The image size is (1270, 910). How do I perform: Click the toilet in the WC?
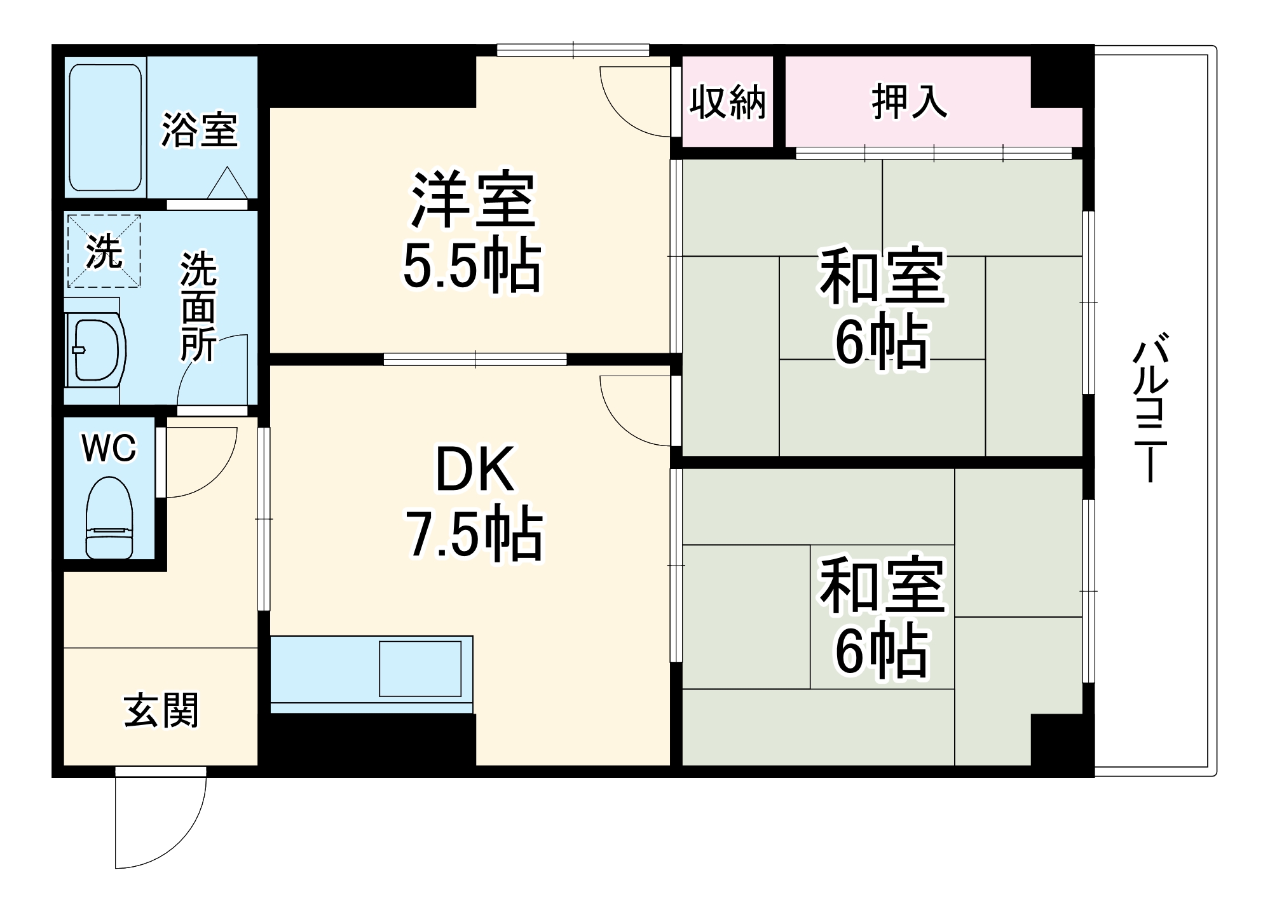(109, 518)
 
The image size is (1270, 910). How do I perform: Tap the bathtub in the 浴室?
(105, 127)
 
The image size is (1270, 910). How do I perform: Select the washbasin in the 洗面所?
(97, 350)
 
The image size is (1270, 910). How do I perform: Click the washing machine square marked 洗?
(104, 251)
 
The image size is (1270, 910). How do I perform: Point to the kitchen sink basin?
(420, 669)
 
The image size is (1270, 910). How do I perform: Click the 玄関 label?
(161, 710)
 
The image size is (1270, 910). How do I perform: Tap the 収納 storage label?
(728, 102)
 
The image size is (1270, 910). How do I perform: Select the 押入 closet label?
(909, 102)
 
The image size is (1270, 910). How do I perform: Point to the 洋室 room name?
(473, 200)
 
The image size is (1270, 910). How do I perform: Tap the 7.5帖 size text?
(474, 534)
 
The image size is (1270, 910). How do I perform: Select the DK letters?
(474, 470)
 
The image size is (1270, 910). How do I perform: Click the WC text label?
(109, 449)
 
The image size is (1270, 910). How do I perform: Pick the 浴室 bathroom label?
(199, 130)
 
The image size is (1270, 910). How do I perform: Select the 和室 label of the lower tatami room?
(882, 585)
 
